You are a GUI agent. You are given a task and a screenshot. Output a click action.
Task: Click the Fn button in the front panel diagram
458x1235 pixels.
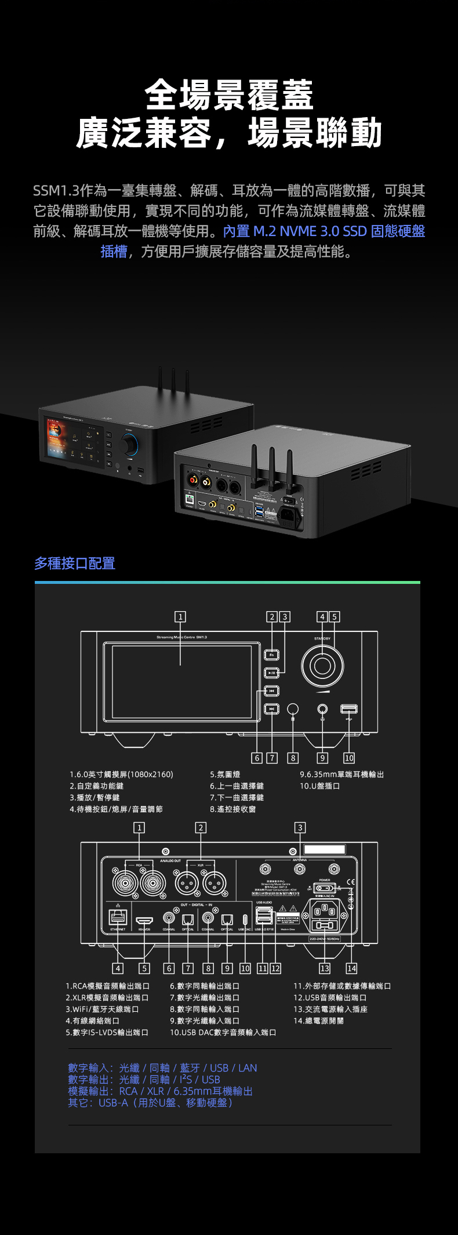272,655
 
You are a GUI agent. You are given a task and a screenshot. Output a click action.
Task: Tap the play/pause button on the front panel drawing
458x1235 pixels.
272,673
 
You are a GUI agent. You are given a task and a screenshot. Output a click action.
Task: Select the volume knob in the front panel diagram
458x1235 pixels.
322,665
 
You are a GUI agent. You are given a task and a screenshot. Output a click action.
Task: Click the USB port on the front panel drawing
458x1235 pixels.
348,709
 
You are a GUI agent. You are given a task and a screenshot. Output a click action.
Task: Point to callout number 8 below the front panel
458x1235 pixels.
293,758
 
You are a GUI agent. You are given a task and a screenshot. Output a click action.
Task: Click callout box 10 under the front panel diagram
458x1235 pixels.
349,758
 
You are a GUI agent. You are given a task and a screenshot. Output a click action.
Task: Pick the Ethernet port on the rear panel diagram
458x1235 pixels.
118,916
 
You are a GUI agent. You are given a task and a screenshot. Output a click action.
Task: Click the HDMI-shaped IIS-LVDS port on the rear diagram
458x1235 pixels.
144,920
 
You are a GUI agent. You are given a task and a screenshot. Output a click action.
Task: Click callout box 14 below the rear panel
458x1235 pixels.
351,968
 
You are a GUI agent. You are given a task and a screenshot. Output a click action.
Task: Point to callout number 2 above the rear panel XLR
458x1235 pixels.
201,827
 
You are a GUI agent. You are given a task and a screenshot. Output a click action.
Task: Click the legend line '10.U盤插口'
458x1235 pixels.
319,786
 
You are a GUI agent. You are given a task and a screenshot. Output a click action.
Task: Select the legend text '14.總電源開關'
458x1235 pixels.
318,1020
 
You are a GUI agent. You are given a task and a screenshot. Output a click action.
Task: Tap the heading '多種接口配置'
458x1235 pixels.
75,563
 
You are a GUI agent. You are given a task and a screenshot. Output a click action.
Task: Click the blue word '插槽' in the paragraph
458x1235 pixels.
114,251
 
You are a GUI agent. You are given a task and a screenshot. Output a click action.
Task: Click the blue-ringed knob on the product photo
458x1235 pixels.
130,444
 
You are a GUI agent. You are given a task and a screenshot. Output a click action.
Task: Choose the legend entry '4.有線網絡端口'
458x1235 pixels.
92,1020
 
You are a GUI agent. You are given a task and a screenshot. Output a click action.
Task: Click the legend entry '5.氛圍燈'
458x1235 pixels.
225,774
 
